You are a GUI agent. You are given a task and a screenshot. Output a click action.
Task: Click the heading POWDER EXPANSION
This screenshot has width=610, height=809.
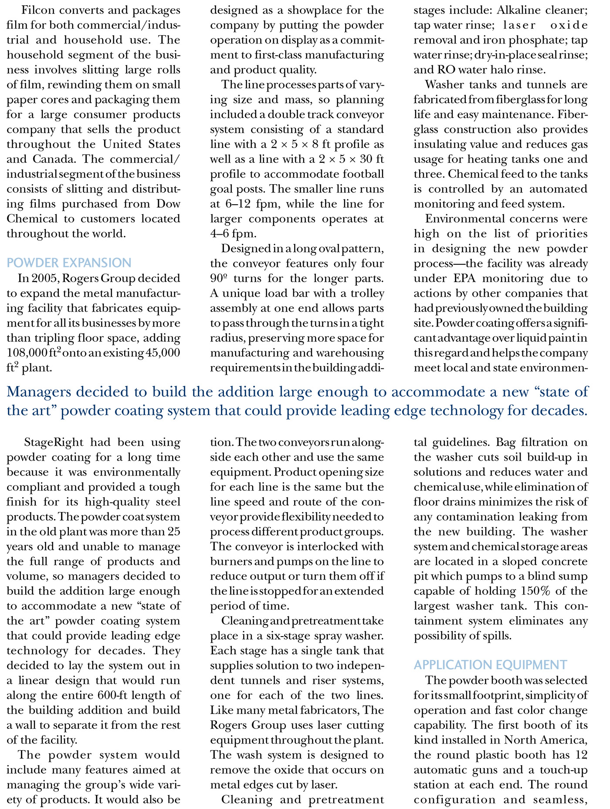[68, 263]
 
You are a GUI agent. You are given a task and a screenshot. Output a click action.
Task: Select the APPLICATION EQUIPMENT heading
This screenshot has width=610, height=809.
[490, 665]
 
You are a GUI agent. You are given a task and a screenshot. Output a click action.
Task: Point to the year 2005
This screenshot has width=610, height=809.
[44, 278]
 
